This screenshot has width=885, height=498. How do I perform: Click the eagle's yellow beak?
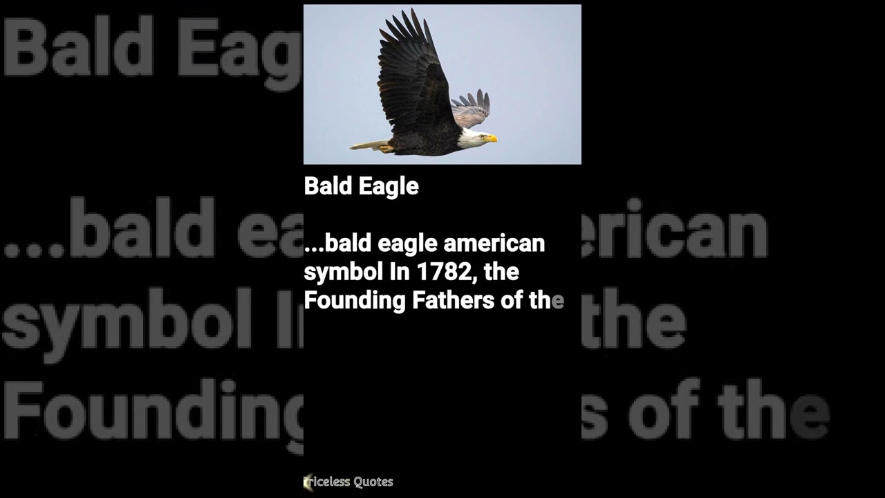tap(492, 139)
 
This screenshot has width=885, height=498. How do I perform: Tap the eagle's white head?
tap(473, 137)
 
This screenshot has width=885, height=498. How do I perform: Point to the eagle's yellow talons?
tap(385, 148)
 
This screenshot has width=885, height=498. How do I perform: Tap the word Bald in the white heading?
tap(328, 186)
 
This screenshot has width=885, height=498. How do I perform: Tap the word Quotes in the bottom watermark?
tap(373, 482)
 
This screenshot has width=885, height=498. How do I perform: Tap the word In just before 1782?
tap(400, 272)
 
